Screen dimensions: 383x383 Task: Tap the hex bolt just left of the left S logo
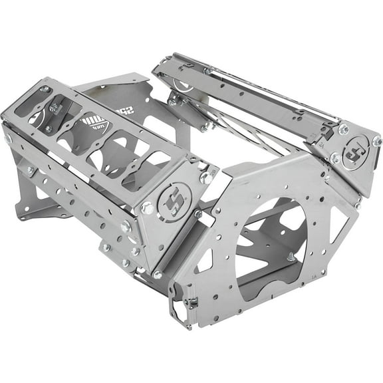(148, 207)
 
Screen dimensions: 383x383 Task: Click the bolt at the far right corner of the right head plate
(376, 141)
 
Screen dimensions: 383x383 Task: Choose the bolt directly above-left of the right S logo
(343, 130)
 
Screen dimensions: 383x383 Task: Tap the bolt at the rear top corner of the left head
(45, 88)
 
